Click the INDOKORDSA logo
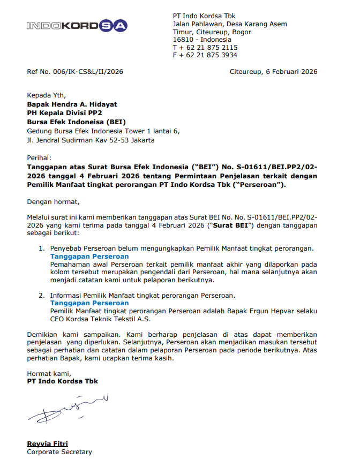76,25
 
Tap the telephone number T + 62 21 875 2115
205,47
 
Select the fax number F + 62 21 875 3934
205,55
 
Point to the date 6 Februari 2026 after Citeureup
291,72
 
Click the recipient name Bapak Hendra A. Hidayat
72,104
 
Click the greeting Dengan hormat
52,202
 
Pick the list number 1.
41,249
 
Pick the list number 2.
41,296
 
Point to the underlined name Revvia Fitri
48,444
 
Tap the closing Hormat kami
48,373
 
